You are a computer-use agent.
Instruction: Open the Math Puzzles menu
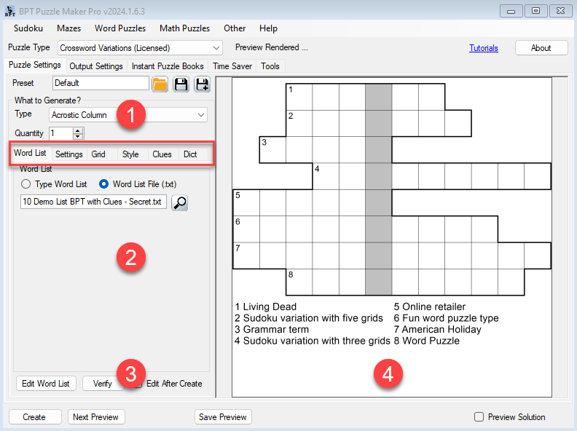coord(184,28)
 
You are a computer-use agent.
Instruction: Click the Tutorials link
coord(484,48)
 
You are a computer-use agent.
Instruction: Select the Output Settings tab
coord(96,66)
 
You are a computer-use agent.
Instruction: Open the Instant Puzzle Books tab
coord(168,66)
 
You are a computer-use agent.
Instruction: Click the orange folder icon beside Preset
coord(160,84)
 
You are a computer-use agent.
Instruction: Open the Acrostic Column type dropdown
coord(128,115)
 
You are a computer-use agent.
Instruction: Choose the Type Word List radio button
coord(25,184)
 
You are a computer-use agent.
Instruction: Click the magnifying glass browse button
coord(180,202)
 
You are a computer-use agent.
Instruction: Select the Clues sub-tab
coord(162,154)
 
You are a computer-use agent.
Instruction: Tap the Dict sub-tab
coord(190,154)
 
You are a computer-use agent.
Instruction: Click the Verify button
coord(102,384)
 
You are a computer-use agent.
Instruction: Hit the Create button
coord(34,417)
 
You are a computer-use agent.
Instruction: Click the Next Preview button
coord(95,417)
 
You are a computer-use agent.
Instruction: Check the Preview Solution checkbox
coord(479,416)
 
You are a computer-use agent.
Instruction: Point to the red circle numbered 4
coord(388,374)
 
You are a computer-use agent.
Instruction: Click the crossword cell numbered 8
coord(299,282)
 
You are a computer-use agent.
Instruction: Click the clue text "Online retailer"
coord(434,307)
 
